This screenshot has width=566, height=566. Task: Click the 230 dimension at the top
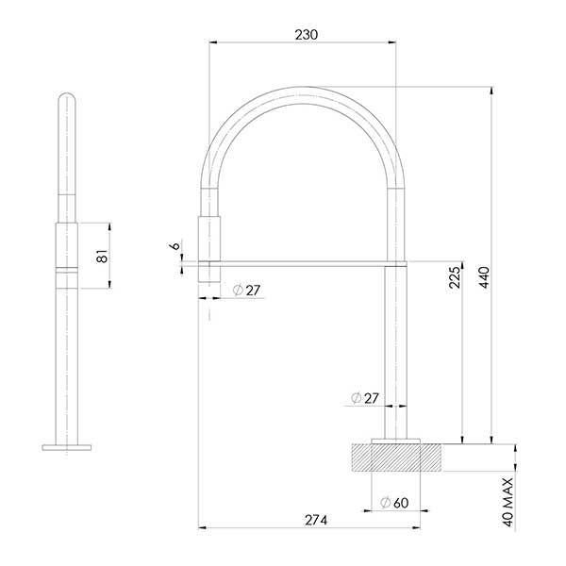306,34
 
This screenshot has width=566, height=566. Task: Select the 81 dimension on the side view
103,255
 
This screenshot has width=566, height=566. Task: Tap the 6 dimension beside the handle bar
175,246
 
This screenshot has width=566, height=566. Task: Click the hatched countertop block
396,458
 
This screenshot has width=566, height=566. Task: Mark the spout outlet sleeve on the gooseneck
208,235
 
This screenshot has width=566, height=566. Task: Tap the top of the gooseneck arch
302,88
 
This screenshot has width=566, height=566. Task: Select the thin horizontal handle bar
302,259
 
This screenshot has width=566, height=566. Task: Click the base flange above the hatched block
396,440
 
